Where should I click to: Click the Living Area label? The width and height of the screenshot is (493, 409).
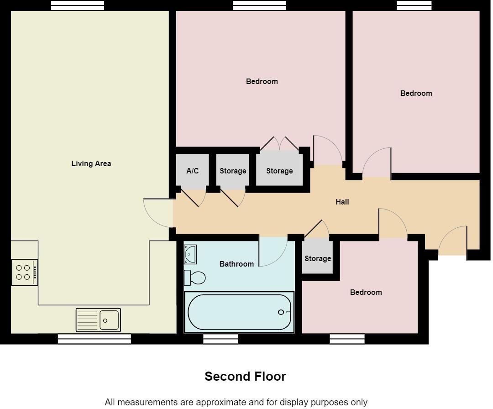pyautogui.click(x=91, y=163)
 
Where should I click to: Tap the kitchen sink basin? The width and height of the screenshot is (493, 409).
pyautogui.click(x=110, y=320)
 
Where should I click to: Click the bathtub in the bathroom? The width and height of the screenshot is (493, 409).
pyautogui.click(x=239, y=312)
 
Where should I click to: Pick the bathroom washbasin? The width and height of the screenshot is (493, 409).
pyautogui.click(x=190, y=254)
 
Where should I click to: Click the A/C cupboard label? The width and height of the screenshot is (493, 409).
pyautogui.click(x=193, y=171)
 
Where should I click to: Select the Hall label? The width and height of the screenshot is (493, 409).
pyautogui.click(x=342, y=202)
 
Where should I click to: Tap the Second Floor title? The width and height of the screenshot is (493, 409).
pyautogui.click(x=245, y=377)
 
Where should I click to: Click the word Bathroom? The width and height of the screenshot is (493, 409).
pyautogui.click(x=236, y=264)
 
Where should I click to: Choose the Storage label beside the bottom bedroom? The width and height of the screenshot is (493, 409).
pyautogui.click(x=318, y=258)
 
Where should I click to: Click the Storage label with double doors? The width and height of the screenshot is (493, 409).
pyautogui.click(x=279, y=171)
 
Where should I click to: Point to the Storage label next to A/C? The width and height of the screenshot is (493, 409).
pyautogui.click(x=233, y=171)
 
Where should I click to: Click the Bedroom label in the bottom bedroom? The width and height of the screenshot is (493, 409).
pyautogui.click(x=366, y=292)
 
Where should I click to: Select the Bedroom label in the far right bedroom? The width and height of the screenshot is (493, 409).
pyautogui.click(x=416, y=93)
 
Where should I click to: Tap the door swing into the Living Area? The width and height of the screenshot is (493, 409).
pyautogui.click(x=157, y=213)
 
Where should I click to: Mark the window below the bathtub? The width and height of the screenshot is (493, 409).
pyautogui.click(x=220, y=339)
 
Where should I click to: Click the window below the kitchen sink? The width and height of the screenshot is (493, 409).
pyautogui.click(x=94, y=339)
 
